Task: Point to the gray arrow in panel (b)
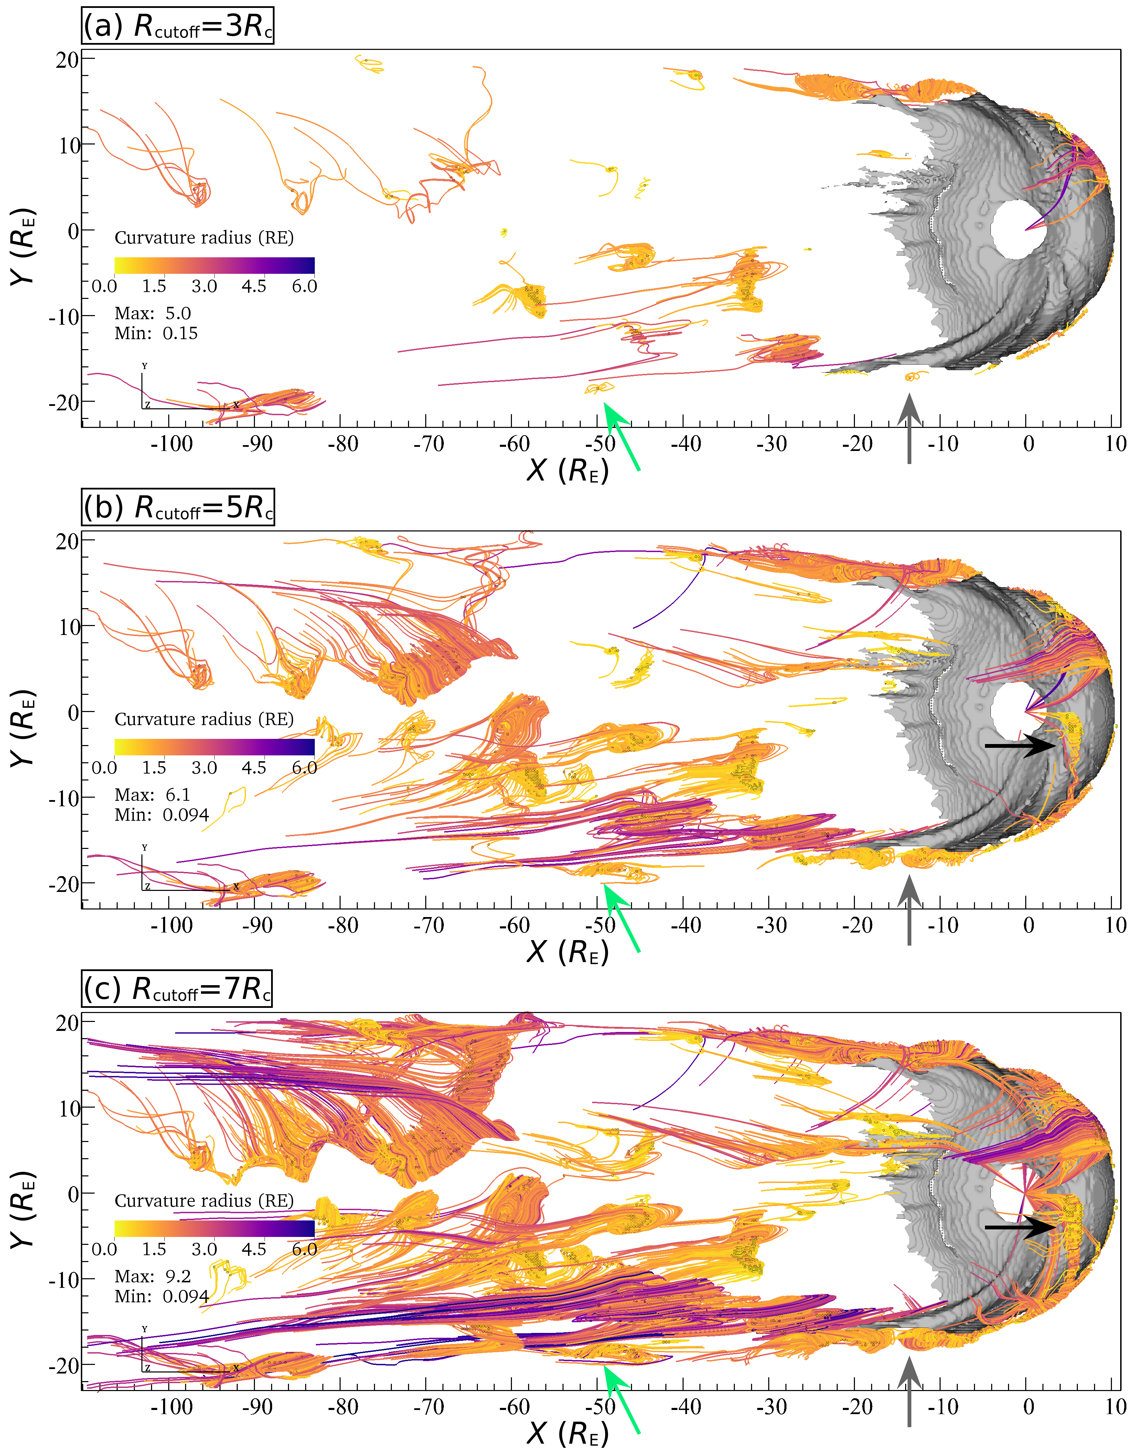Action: point(909,910)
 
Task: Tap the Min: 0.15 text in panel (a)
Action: point(156,334)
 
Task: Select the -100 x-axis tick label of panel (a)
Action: point(171,444)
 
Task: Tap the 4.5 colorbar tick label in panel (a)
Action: point(254,286)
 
